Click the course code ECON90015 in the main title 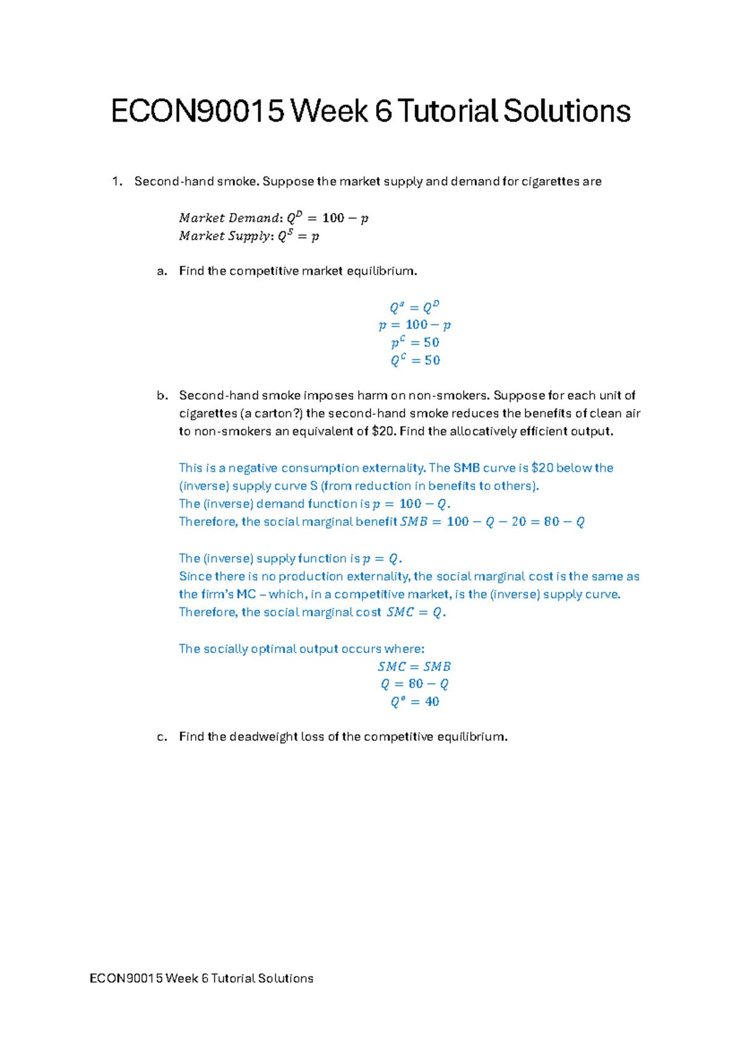point(198,112)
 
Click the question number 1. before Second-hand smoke point(117,181)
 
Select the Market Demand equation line point(274,218)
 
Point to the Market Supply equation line point(249,236)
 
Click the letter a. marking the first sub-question point(162,271)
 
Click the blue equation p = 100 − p point(415,325)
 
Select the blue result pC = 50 point(415,342)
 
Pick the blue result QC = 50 point(415,360)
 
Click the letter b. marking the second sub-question point(162,395)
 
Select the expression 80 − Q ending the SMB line point(564,522)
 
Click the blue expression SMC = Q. point(415,612)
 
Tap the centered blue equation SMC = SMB point(414,667)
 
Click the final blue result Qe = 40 point(415,702)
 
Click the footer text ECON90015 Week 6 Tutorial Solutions point(201,978)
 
